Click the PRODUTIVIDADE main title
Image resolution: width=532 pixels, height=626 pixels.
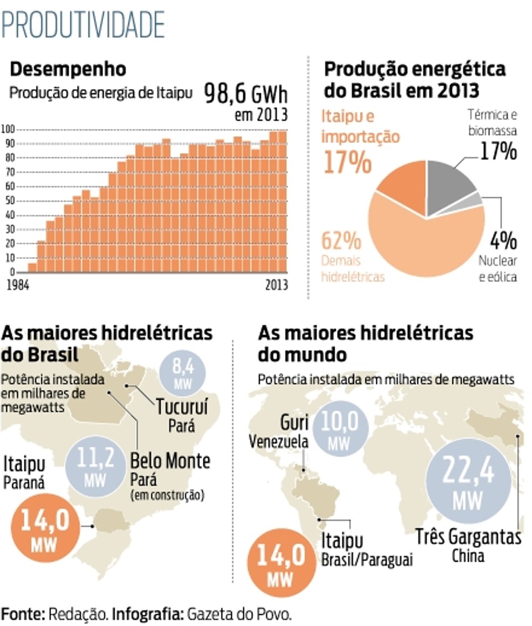pos(83,24)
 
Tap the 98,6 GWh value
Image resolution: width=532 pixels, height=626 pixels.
pos(245,94)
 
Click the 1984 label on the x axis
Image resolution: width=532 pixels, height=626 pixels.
pos(18,285)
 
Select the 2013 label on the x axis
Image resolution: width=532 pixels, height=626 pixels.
pos(277,285)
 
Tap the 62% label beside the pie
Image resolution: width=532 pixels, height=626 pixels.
pos(341,241)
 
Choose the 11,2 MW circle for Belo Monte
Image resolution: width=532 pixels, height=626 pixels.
pos(95,466)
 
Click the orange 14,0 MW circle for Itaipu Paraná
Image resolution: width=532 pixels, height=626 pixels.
pos(45,528)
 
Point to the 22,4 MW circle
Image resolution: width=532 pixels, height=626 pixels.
pos(468,481)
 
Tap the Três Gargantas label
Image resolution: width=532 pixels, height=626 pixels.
pos(468,537)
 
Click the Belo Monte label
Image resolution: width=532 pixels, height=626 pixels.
pos(170,461)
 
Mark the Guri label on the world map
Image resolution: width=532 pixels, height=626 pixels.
pos(294,423)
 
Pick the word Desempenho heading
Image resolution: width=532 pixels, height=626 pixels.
pos(68,69)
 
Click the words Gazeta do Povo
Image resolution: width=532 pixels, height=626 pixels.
pos(239,614)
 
